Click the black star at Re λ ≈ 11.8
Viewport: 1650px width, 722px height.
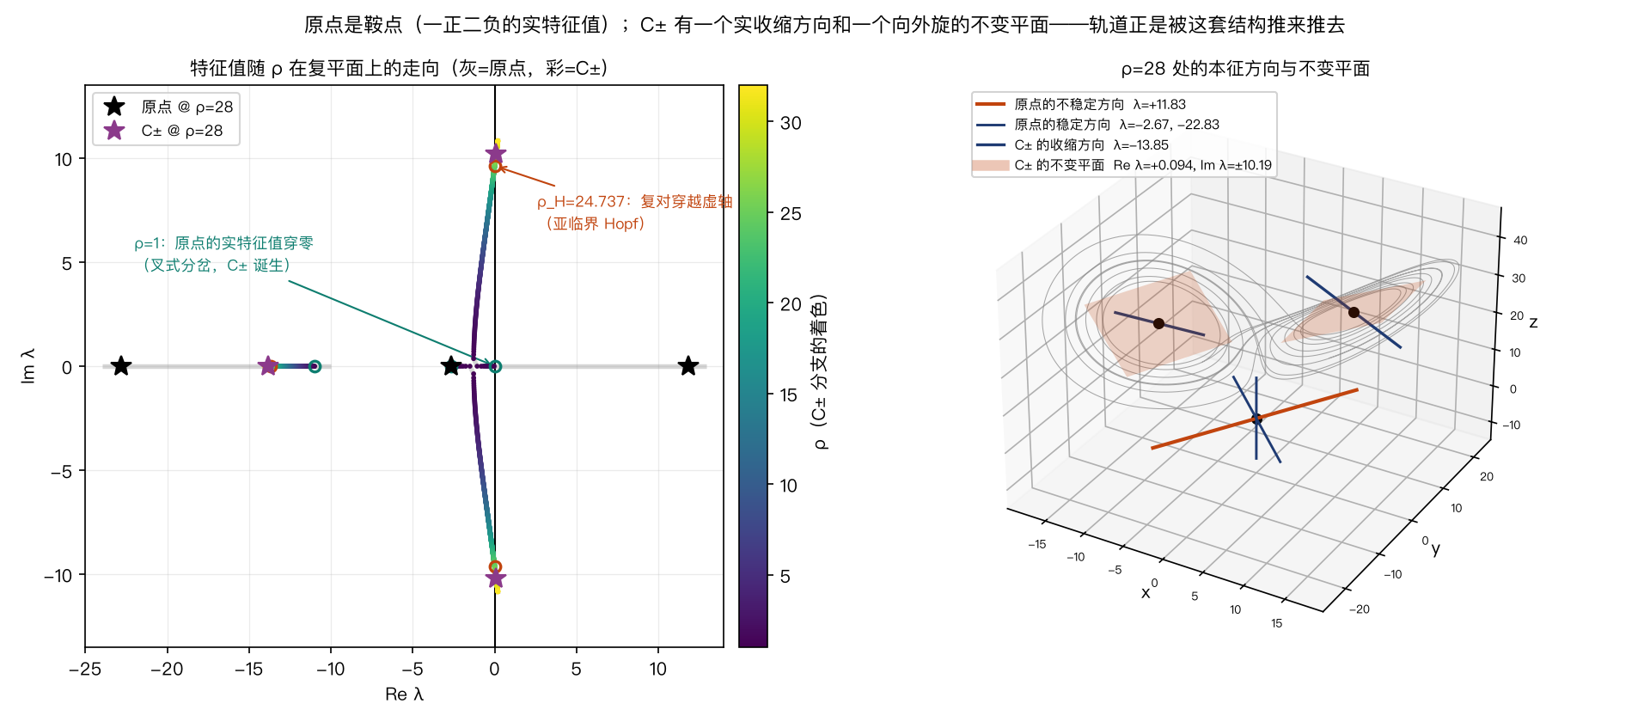687,366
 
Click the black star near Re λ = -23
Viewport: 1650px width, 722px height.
121,366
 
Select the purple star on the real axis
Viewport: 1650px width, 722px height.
268,366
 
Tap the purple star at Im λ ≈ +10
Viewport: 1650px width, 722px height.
495,156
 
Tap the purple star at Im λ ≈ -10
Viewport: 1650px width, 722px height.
495,578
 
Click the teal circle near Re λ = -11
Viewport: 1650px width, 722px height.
315,366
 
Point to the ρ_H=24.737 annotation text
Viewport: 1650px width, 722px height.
634,212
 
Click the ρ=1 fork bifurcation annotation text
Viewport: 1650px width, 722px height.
223,254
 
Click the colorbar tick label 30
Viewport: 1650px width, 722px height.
791,123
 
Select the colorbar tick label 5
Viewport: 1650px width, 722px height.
785,577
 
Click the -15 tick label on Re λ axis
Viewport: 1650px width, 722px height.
248,669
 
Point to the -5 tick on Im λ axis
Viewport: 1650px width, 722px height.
60,471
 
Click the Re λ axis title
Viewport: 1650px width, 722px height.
404,694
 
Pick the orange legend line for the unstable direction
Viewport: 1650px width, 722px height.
990,104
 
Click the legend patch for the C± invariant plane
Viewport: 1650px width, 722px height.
990,165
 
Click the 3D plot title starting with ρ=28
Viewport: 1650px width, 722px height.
1245,69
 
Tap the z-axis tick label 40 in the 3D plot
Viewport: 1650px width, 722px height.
1520,241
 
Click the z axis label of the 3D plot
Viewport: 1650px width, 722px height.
1533,322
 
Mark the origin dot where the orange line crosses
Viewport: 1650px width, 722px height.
1256,419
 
